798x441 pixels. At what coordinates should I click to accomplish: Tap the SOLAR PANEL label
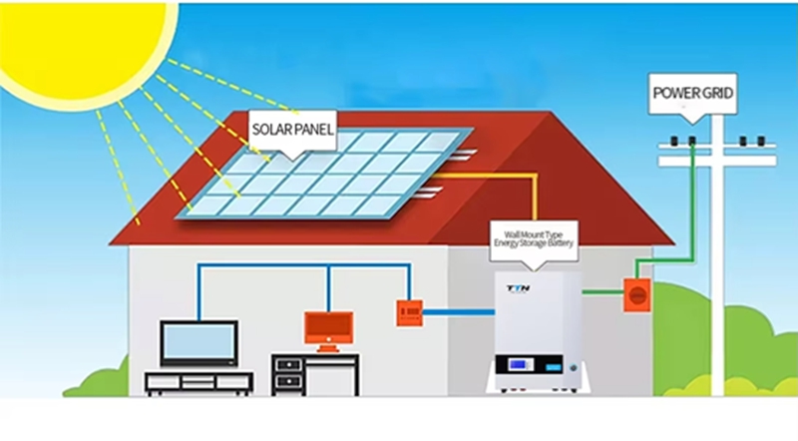(293, 131)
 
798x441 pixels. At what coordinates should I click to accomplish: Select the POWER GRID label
(692, 94)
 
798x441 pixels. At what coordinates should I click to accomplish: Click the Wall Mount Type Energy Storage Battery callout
(534, 239)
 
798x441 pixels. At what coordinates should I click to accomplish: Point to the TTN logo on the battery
(518, 288)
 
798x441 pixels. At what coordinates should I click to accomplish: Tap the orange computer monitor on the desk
(329, 331)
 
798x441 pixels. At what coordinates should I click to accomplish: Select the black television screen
(199, 344)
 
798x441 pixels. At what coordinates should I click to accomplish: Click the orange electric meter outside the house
(637, 295)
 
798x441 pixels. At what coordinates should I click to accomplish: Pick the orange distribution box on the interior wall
(410, 312)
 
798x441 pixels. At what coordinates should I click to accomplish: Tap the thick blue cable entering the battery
(459, 312)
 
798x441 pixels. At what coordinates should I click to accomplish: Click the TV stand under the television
(199, 383)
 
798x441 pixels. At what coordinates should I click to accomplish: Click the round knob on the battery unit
(575, 366)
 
